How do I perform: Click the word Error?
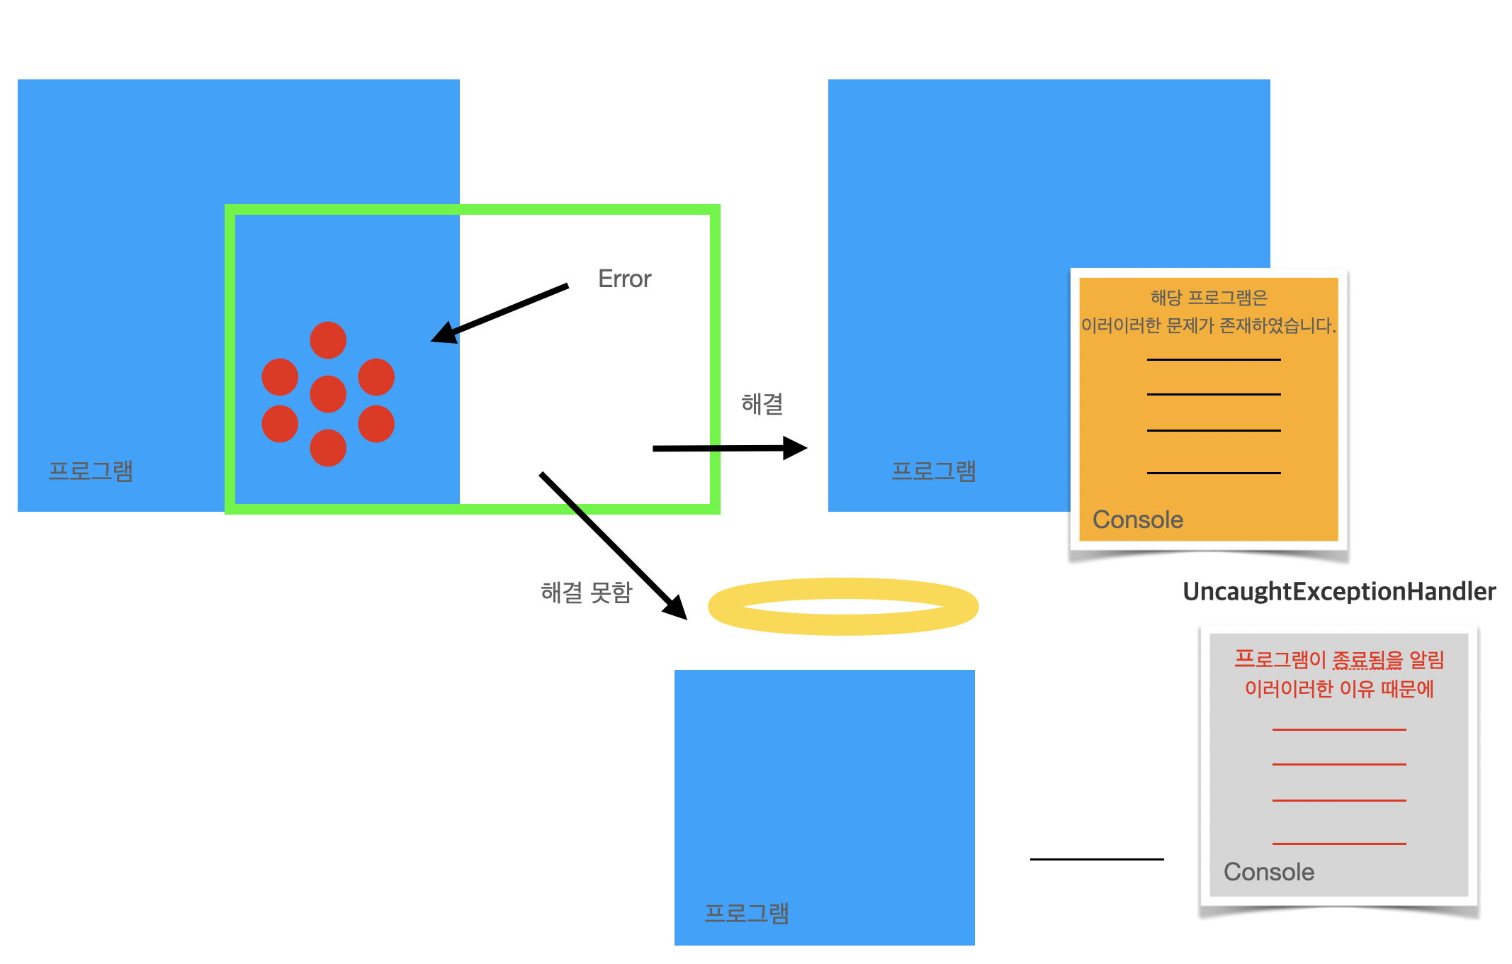tap(624, 279)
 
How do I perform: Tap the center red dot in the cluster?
tap(328, 394)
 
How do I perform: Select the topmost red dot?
tap(328, 340)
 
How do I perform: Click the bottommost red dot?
tap(328, 448)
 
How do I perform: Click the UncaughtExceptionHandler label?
tap(1339, 591)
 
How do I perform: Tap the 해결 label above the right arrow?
tap(762, 404)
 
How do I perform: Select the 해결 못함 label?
tap(587, 593)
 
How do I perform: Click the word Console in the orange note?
tap(1138, 520)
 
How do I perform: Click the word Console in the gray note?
tap(1269, 872)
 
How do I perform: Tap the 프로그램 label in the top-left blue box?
tap(91, 471)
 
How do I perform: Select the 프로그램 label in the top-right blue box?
tap(934, 471)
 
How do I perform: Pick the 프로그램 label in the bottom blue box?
tap(747, 913)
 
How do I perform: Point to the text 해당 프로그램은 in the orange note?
tap(1209, 298)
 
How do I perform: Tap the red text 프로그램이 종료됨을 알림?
tap(1339, 660)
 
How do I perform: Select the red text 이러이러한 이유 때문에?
tap(1339, 689)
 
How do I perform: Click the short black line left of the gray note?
tap(1097, 859)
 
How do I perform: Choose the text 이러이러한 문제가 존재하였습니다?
tap(1209, 326)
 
